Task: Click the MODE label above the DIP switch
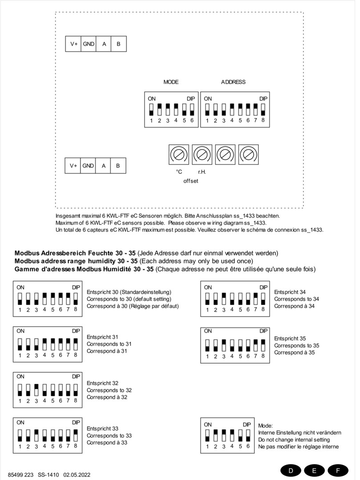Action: pos(171,82)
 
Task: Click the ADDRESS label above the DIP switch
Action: pos(233,82)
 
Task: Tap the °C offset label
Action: pos(179,172)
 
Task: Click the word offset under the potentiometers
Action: pos(191,181)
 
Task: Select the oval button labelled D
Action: pos(291,471)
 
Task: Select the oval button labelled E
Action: pos(315,471)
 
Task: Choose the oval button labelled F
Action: pos(338,471)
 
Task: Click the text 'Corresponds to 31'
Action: pos(109,344)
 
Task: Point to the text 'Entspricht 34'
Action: pos(290,292)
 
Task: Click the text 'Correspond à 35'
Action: pos(294,352)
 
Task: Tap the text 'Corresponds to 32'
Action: pos(109,390)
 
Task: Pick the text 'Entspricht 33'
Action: pos(102,428)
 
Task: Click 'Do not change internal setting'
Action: pos(294,440)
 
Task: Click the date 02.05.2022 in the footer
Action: pos(77,475)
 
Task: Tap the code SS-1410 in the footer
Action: pos(48,475)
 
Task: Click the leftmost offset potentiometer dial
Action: pos(179,155)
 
